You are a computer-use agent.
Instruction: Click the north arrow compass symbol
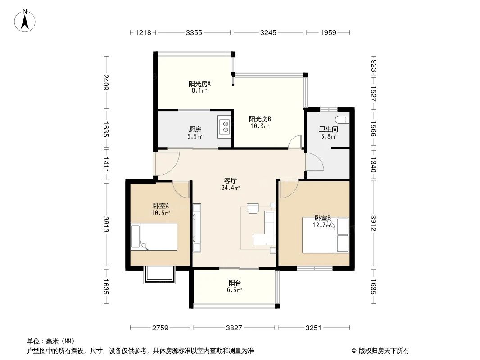coord(25,21)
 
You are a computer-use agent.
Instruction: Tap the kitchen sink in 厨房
coord(225,126)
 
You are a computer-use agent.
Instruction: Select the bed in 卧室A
coord(154,237)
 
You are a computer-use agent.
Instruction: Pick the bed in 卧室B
coord(326,235)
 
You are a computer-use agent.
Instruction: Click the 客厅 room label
coord(231,181)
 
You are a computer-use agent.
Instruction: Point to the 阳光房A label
coord(199,84)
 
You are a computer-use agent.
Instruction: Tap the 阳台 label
coord(235,283)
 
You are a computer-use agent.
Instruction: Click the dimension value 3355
coord(194,32)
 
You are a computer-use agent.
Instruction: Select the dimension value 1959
coord(328,32)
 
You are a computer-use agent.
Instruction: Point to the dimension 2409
coord(106,82)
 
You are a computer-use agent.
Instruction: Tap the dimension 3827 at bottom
coord(234,328)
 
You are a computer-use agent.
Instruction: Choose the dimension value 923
coord(373,66)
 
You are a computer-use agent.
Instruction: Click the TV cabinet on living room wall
coord(196,228)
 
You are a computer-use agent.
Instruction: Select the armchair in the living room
coord(253,208)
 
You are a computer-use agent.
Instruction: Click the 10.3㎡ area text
coord(260,126)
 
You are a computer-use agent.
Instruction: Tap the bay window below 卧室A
coord(159,275)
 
